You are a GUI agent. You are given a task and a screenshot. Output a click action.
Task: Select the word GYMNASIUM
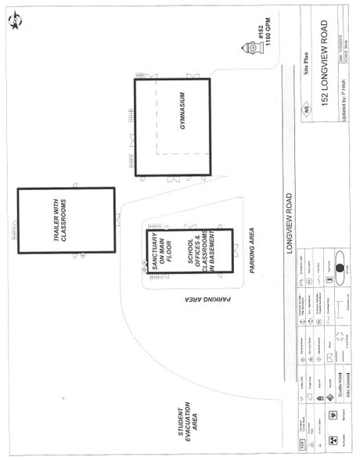tap(181, 125)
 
